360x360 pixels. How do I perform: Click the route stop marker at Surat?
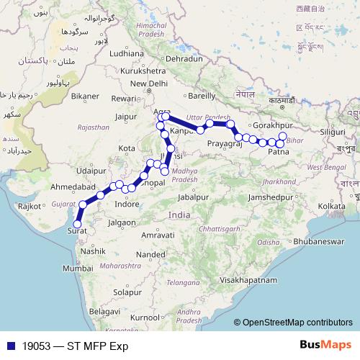77,224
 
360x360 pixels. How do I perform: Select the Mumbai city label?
78,268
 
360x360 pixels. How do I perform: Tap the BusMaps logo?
325,345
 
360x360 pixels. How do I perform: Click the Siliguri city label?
333,132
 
